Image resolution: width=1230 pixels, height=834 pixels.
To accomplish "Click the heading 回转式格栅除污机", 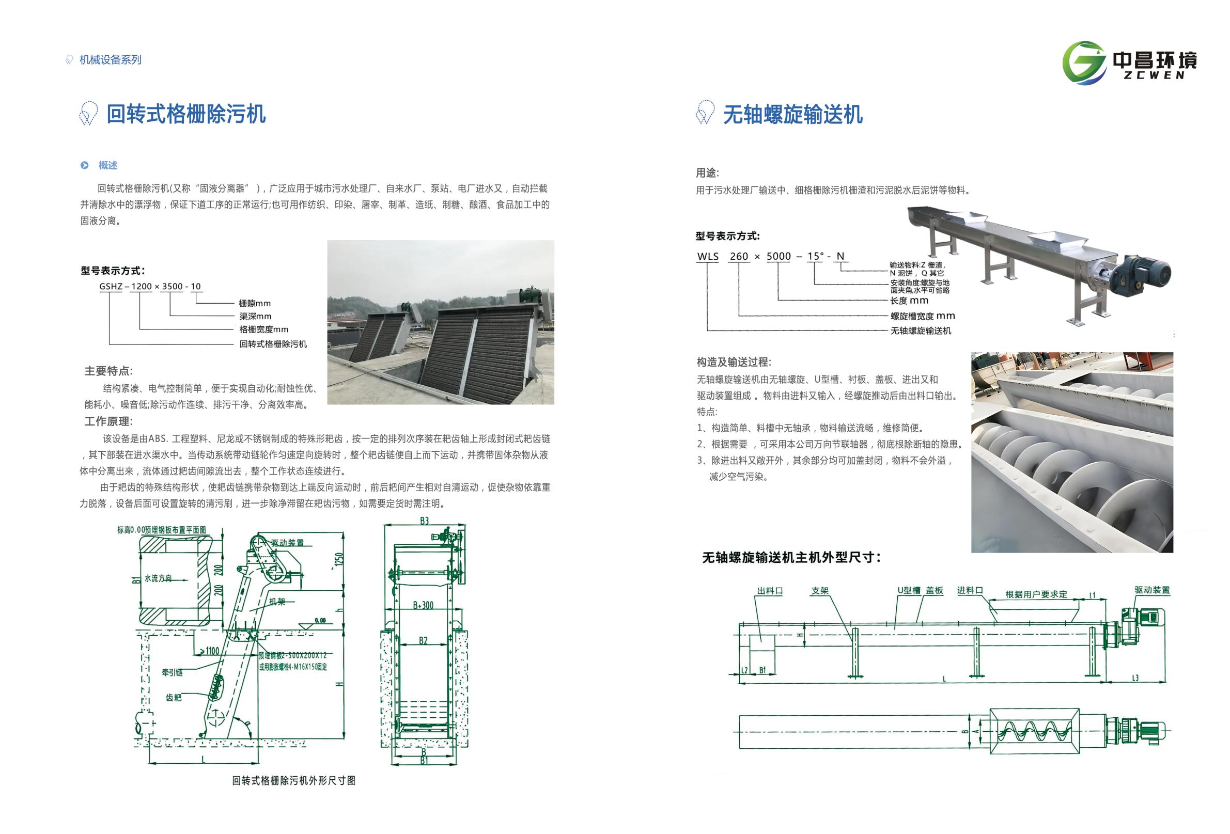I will tap(186, 114).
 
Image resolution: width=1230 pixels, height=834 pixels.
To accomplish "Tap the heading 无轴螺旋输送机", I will tap(793, 114).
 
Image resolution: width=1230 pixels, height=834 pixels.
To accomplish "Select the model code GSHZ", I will tap(111, 286).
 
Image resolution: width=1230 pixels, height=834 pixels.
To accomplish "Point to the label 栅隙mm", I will tap(255, 303).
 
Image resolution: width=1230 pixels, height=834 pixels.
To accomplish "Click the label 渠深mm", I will tap(255, 316).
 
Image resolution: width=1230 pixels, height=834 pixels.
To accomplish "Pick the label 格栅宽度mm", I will tap(263, 329).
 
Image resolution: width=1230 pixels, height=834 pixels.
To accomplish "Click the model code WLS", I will tap(708, 257).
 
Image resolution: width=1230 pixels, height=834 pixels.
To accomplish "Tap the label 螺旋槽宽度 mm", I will tap(923, 316).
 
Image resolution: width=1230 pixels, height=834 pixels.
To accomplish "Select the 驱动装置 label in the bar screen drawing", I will tap(287, 542).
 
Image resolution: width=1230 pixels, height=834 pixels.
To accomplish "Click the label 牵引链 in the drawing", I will tap(172, 672).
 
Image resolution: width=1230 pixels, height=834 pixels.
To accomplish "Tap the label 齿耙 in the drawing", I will tap(174, 698).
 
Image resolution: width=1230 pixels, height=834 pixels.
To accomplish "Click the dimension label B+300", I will tap(423, 605).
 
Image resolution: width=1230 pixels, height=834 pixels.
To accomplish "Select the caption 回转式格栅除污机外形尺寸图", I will tap(294, 781).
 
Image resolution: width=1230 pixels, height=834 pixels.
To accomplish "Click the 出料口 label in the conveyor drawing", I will tap(770, 591).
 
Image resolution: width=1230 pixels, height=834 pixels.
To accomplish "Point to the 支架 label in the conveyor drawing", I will tap(820, 591).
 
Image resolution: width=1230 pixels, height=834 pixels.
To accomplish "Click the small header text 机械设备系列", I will tap(110, 60).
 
